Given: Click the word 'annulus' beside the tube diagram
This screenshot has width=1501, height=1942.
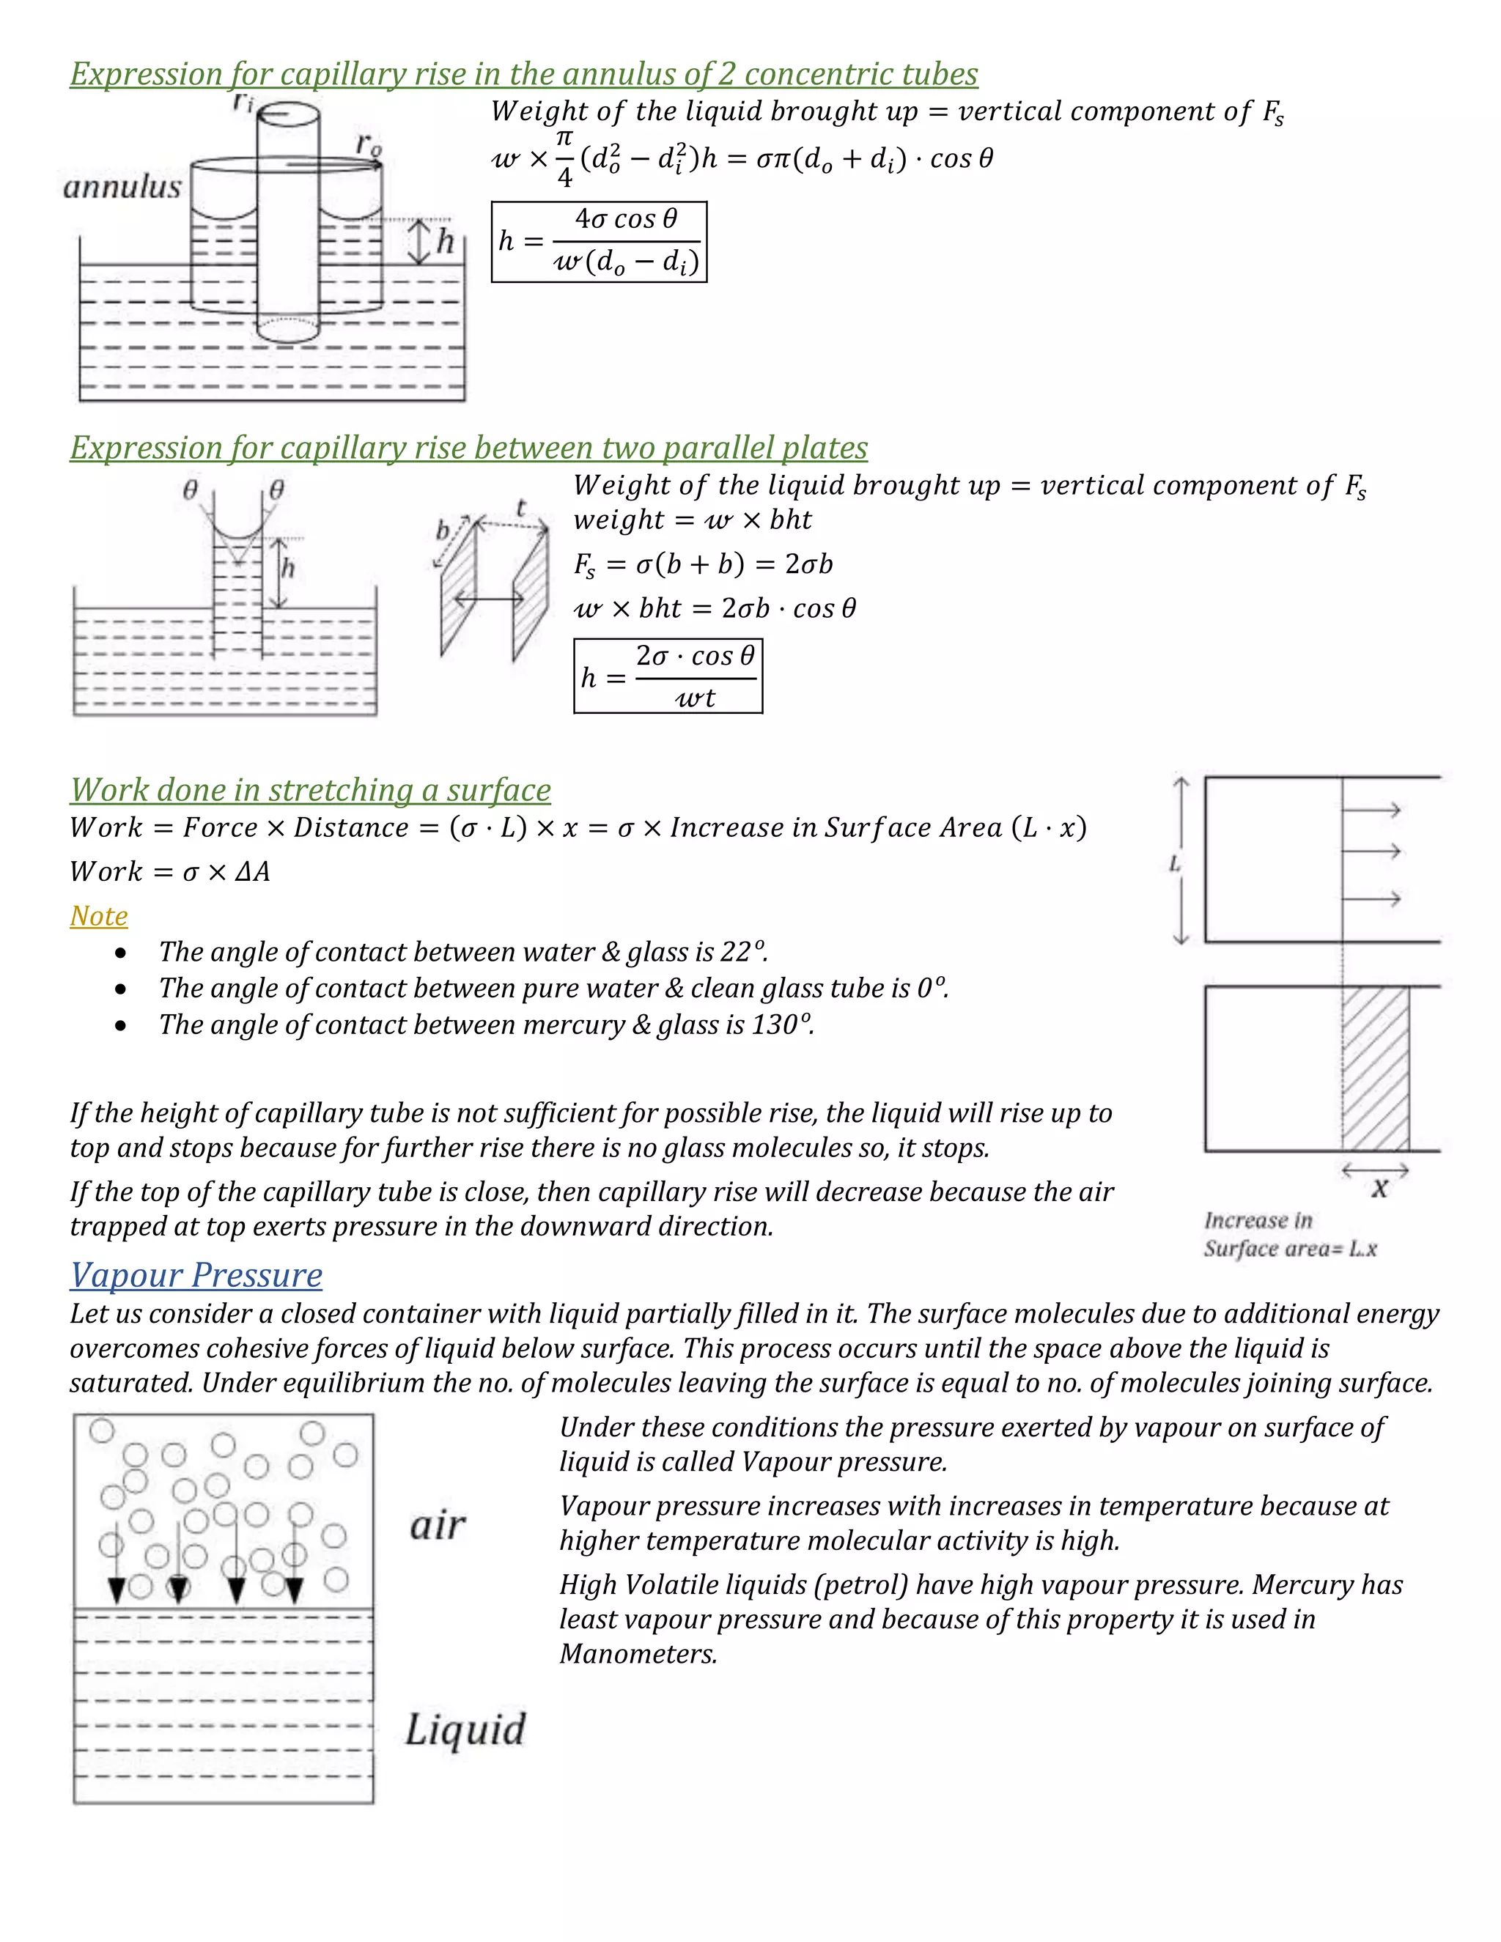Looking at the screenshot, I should pos(122,187).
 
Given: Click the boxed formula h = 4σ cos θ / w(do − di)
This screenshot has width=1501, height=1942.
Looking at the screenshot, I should pos(599,242).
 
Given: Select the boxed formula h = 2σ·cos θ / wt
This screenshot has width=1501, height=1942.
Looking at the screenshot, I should pos(668,676).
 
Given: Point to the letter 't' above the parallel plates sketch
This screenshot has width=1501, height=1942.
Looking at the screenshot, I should pos(522,509).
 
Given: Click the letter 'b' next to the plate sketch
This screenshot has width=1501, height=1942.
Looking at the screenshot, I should pos(443,530).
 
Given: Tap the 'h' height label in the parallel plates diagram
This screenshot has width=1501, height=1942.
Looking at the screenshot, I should pos(288,568).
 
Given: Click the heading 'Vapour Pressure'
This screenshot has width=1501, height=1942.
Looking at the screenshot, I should pos(196,1275).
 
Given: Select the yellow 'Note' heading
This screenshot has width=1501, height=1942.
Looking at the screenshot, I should pos(99,916).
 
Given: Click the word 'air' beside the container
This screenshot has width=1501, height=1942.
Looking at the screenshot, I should pos(437,1526).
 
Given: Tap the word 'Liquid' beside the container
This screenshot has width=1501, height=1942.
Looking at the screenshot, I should pos(465,1729).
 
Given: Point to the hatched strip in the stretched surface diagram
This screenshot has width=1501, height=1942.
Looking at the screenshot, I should pos(1375,1068).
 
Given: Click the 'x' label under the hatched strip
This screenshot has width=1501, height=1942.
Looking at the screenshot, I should pos(1379,1188).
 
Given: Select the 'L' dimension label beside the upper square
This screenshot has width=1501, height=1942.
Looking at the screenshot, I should pos(1175,863).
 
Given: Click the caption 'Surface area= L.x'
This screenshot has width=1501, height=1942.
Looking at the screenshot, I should pos(1289,1249).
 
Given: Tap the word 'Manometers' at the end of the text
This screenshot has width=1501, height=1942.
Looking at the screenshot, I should pos(637,1654).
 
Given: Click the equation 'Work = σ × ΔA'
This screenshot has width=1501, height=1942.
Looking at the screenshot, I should pos(170,871).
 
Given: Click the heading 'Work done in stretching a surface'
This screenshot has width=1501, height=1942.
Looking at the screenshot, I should pos(310,789).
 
